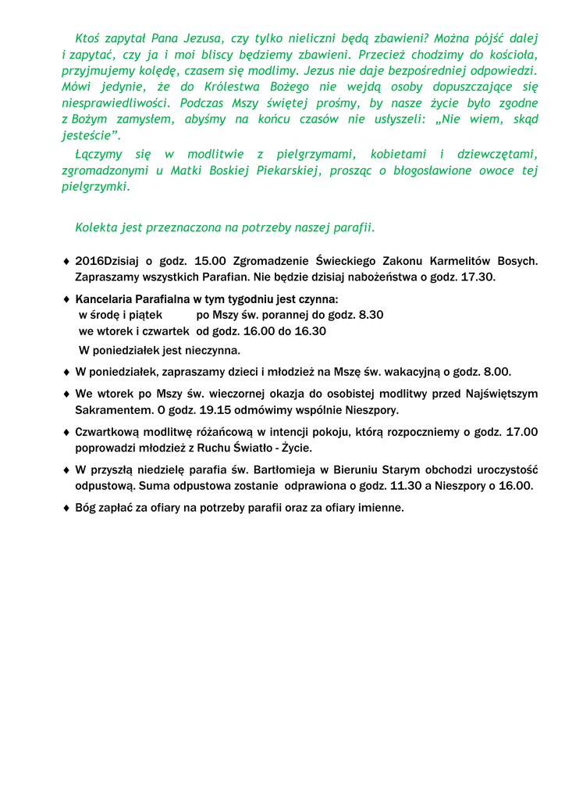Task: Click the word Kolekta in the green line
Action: (x=95, y=227)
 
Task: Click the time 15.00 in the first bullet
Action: (x=210, y=261)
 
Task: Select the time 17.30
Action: (x=478, y=277)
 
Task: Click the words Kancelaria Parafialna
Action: (x=133, y=299)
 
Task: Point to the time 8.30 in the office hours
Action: (x=368, y=315)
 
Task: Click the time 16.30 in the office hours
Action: (x=309, y=330)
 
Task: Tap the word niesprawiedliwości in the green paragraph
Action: (x=115, y=102)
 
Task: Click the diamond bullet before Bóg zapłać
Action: (x=66, y=508)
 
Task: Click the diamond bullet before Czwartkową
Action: (x=66, y=432)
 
